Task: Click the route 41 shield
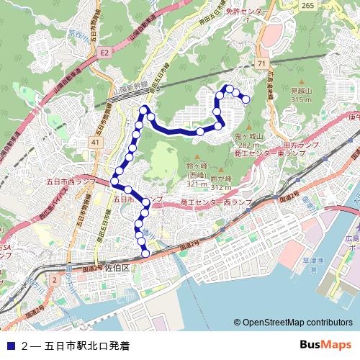pyautogui.click(x=95, y=143)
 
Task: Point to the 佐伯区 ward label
pyautogui.click(x=116, y=268)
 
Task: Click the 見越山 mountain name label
pyautogui.click(x=300, y=92)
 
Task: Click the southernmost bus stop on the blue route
pyautogui.click(x=146, y=253)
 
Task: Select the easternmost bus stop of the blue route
pyautogui.click(x=246, y=99)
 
